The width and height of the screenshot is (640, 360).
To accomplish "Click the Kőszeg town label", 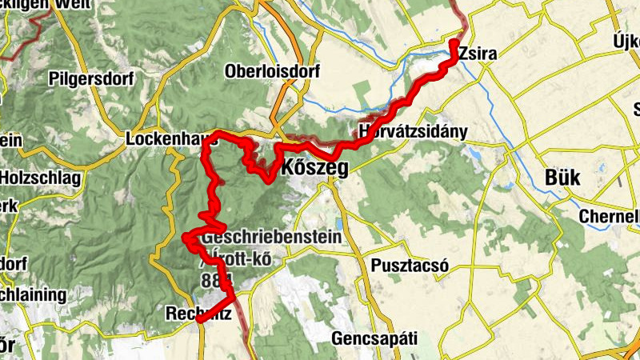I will (x=315, y=168).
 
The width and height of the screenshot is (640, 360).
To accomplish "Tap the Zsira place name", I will (x=479, y=54).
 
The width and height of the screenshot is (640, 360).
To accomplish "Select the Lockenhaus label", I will (x=162, y=140).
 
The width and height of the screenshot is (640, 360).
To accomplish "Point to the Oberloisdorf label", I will (x=273, y=71).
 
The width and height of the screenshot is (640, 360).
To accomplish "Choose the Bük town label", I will (x=586, y=177).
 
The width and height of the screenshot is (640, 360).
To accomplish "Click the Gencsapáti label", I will (x=376, y=337).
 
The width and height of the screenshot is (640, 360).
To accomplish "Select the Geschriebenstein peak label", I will (x=272, y=238).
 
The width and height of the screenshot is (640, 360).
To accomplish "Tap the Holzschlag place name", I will (x=40, y=178).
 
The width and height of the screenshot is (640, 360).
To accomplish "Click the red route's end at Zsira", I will (x=457, y=41).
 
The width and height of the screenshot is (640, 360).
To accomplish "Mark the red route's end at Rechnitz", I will (x=198, y=320).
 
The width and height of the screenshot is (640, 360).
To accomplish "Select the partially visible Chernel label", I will (x=612, y=216).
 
